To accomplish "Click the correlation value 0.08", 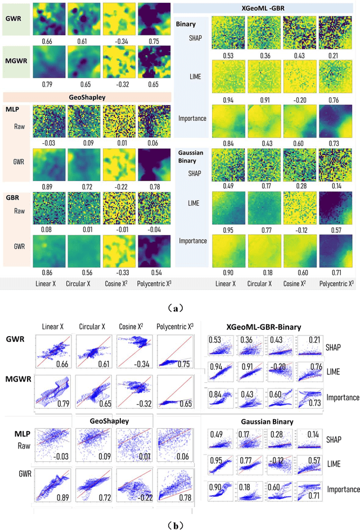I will coord(47,228).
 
